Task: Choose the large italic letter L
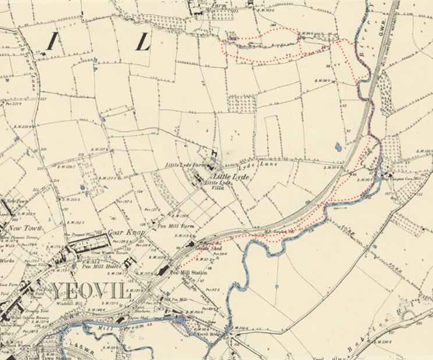click(x=143, y=41)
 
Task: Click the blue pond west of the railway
click(x=338, y=147)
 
